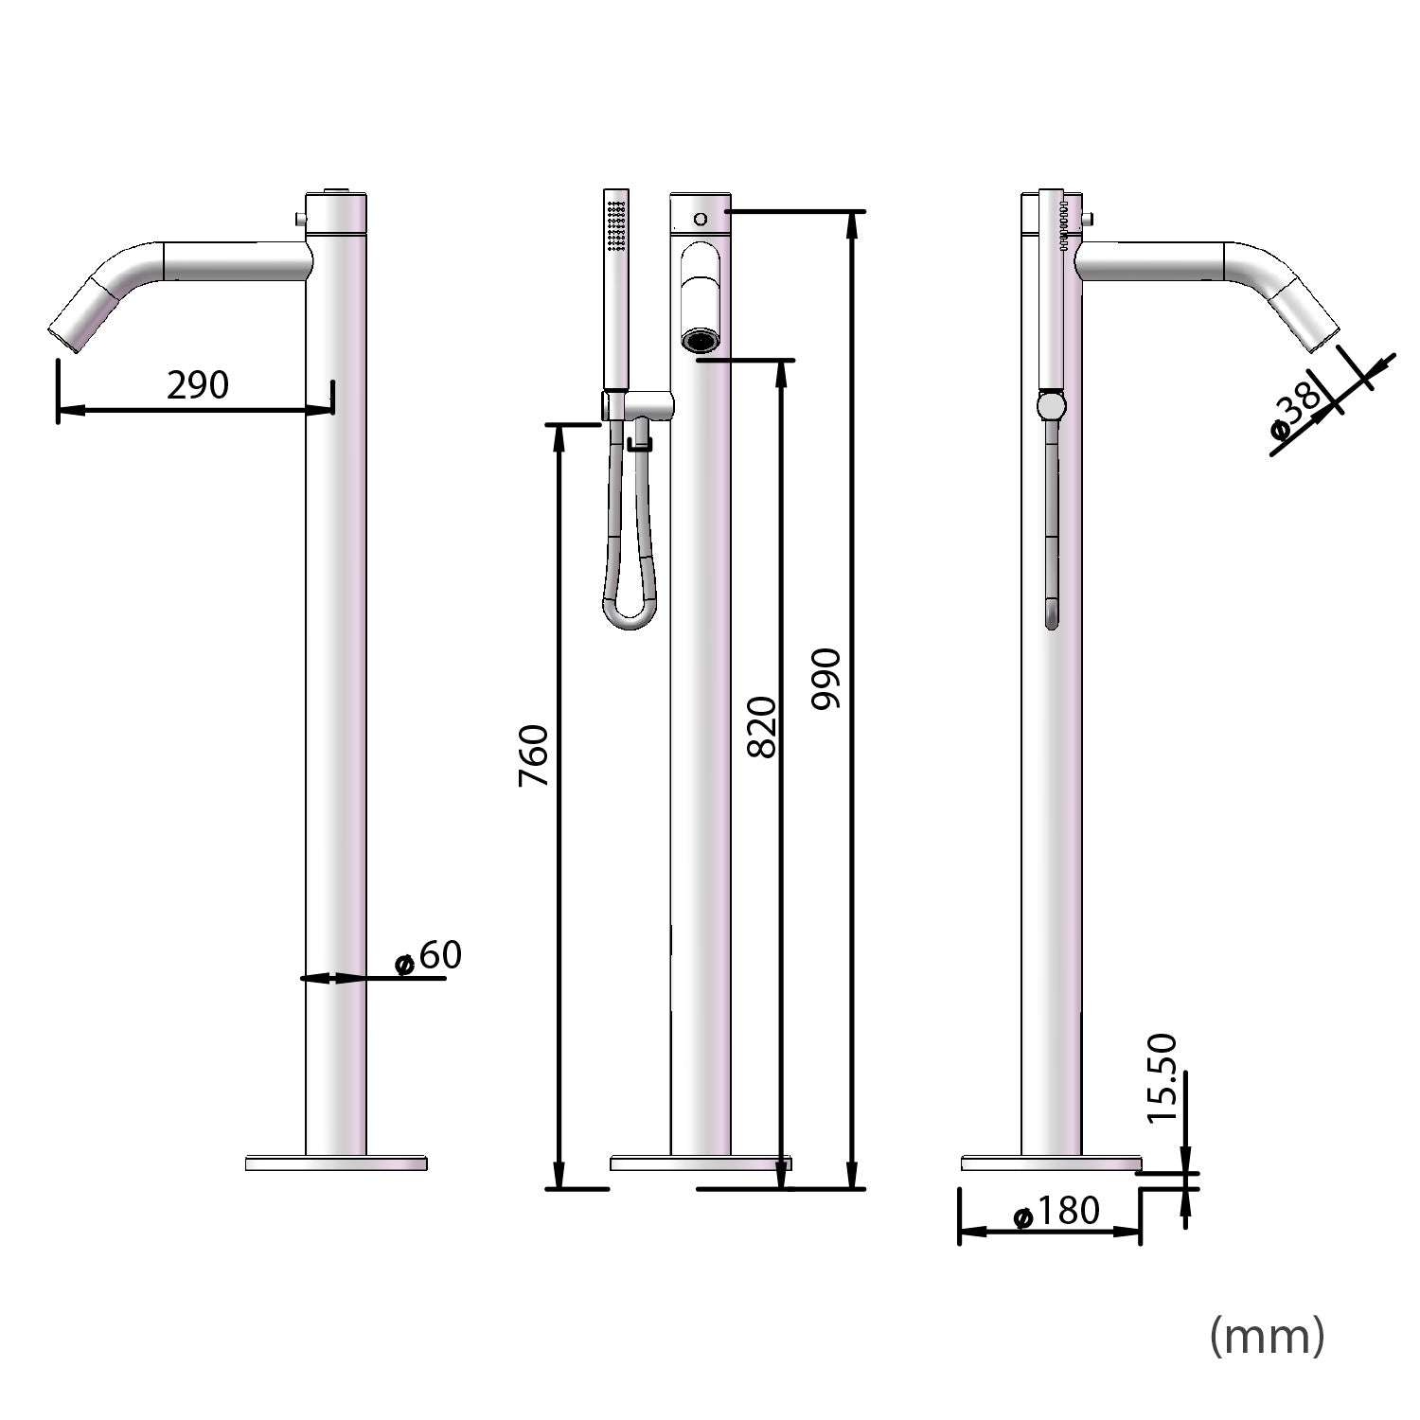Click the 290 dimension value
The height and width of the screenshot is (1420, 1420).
(198, 385)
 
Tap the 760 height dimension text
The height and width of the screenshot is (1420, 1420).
(535, 755)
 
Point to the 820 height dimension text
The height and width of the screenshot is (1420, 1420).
(762, 727)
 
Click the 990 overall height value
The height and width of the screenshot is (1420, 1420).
(826, 679)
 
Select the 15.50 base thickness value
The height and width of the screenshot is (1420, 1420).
(1162, 1078)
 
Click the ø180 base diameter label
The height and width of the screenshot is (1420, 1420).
(1056, 1211)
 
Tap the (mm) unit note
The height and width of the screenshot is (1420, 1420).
(1267, 1336)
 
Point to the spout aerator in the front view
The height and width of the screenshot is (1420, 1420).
(701, 340)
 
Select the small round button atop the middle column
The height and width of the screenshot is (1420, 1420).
(701, 220)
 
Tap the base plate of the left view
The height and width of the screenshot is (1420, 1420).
(336, 1163)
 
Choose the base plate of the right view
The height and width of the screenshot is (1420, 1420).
(1051, 1163)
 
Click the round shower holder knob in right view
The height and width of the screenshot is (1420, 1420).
(1051, 407)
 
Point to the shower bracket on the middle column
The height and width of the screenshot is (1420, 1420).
(644, 406)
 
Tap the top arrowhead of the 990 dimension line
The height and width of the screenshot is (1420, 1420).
(853, 219)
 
